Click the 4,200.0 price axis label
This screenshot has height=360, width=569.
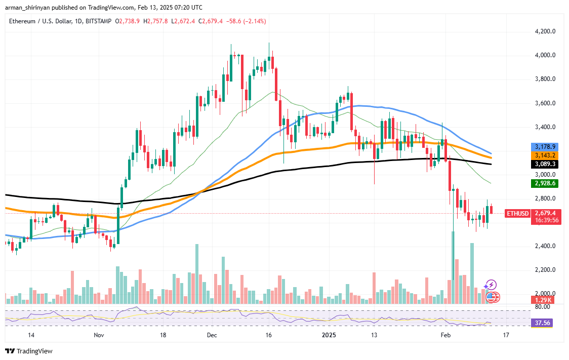tap(546, 31)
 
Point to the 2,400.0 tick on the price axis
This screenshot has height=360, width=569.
tap(546, 246)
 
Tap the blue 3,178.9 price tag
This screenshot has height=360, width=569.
tap(546, 146)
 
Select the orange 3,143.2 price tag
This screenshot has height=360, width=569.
tap(546, 155)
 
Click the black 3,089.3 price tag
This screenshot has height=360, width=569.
tap(546, 165)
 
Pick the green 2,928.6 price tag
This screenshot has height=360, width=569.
tap(546, 183)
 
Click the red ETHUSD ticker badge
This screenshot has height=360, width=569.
tap(517, 214)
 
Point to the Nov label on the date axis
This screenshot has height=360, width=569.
tap(99, 335)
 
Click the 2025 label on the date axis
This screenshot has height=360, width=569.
tap(330, 335)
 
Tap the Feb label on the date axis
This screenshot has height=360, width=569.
tap(445, 335)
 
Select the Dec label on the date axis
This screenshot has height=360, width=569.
tap(212, 335)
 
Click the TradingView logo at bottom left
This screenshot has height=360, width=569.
tap(29, 351)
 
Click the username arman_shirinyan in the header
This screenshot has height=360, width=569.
tap(30, 8)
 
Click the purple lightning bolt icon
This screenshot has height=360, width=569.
tap(491, 286)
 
